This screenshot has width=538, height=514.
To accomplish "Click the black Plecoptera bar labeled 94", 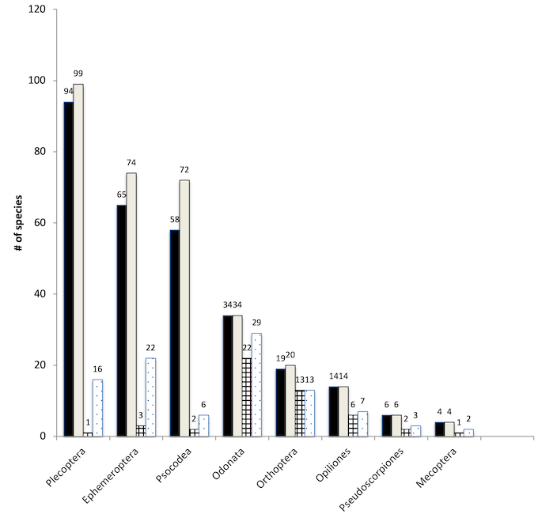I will pos(68,269).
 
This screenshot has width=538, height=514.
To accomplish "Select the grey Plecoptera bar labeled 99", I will pos(78,260).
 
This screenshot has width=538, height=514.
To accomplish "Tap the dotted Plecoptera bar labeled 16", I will pos(97,408).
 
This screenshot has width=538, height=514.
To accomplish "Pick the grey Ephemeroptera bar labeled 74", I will pos(131,304).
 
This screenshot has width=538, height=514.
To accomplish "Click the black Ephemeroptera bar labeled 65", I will pos(121,320).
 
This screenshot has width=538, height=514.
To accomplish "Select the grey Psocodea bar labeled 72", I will pos(184,308).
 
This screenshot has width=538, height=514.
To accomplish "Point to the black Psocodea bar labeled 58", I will pos(174,333).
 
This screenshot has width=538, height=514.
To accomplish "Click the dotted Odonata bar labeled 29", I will pos(256,384).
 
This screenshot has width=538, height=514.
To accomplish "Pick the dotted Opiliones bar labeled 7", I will pos(362,424).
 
